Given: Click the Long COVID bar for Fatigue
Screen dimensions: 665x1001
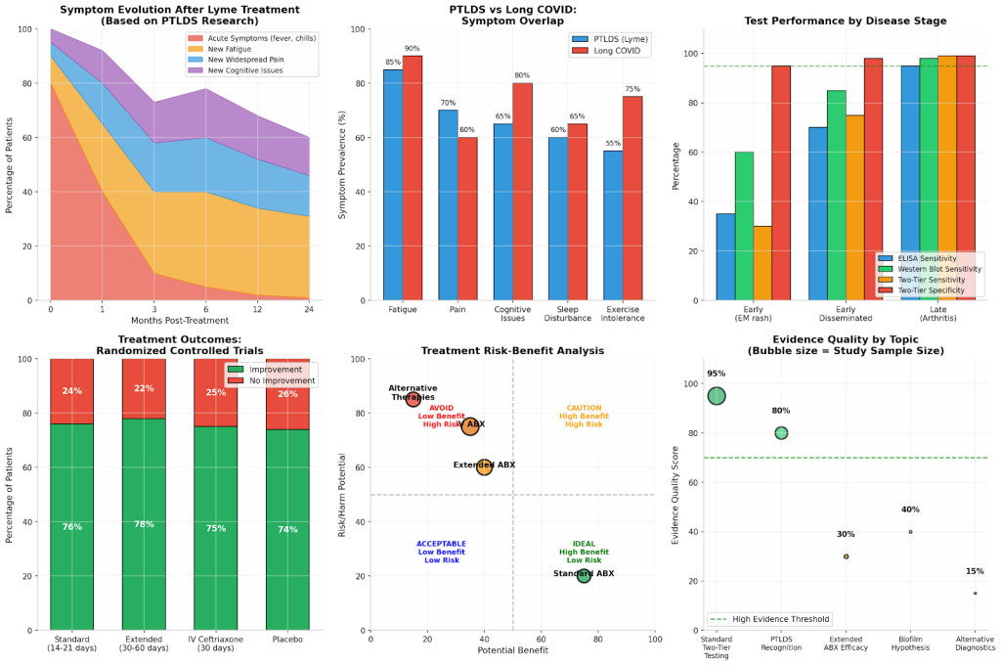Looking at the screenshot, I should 412,178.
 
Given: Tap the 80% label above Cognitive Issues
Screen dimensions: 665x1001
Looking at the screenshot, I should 522,75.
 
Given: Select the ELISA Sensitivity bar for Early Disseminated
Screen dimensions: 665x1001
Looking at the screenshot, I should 817,214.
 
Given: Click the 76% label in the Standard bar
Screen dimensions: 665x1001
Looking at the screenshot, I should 72,527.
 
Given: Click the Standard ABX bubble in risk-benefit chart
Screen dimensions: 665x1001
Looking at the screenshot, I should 584,575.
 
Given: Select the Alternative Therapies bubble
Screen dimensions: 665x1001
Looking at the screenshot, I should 413,398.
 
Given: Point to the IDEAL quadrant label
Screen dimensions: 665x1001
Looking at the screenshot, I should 584,553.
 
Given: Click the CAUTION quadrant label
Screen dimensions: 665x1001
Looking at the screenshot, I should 584,417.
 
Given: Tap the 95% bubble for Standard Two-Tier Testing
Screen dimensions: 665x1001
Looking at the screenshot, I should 717,395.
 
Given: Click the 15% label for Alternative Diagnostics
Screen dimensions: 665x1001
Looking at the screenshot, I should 974,571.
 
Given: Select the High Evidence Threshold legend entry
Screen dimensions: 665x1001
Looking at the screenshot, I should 769,618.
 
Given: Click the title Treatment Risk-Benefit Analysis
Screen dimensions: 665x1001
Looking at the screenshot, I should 512,351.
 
